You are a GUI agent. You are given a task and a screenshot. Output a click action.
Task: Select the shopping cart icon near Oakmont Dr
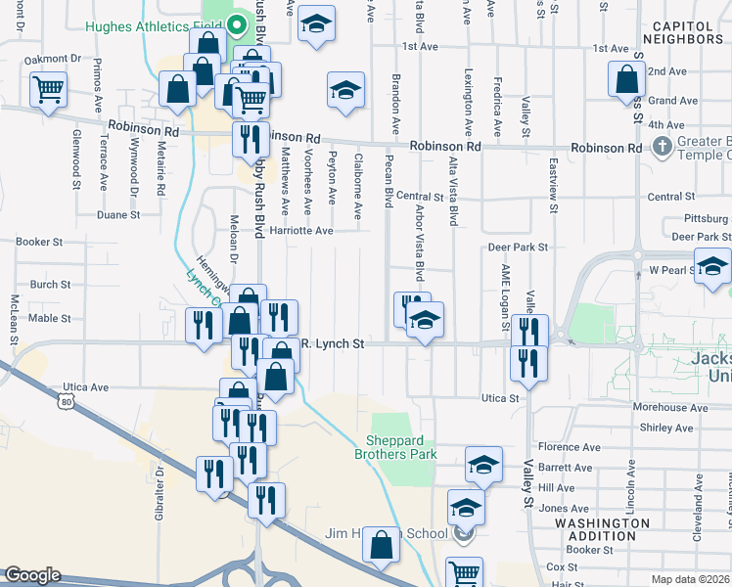pyautogui.click(x=48, y=91)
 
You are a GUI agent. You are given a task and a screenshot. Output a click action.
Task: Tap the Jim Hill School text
pyautogui.click(x=386, y=533)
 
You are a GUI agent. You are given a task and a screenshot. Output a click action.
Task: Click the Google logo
pyautogui.click(x=31, y=575)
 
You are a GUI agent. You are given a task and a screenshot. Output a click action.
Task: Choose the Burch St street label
pyautogui.click(x=50, y=285)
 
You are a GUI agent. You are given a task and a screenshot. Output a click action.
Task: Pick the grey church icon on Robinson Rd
pyautogui.click(x=663, y=147)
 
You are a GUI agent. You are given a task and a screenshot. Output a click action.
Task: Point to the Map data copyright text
pyautogui.click(x=689, y=579)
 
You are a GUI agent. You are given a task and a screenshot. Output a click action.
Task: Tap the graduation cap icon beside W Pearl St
pyautogui.click(x=712, y=266)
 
